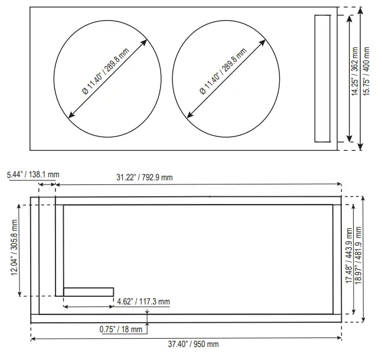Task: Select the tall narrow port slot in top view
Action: [x=322, y=78]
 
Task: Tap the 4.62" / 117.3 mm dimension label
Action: [x=143, y=301]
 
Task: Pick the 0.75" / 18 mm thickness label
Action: [x=121, y=329]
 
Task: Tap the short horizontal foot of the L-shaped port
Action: [x=88, y=291]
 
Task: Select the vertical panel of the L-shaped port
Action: [x=59, y=248]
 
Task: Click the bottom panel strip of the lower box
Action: [x=186, y=318]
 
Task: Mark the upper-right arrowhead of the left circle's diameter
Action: [x=145, y=42]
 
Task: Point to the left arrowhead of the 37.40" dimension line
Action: [x=33, y=338]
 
